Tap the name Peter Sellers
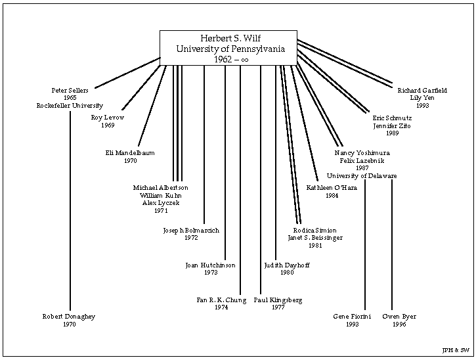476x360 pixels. pos(70,90)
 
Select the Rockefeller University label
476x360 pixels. pos(70,105)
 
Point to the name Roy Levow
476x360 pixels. pos(108,118)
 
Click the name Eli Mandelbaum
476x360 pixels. pos(130,153)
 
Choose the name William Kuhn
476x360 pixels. pos(161,195)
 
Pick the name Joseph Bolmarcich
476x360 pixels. pos(191,231)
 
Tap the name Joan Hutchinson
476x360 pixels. pos(210,265)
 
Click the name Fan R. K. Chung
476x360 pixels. pos(221,300)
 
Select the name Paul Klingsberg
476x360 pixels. pos(278,300)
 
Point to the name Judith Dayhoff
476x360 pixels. pos(287,265)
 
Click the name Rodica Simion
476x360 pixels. pos(314,231)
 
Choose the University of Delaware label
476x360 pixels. pos(362,175)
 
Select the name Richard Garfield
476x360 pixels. pos(422,90)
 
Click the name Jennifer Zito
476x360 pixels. pos(392,125)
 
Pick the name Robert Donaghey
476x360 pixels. pos(70,317)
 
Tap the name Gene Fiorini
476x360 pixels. pos(353,317)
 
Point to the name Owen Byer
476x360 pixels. pos(399,317)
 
